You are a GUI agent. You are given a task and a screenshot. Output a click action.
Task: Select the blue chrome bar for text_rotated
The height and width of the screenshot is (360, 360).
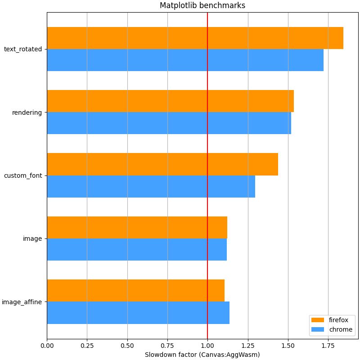point(185,60)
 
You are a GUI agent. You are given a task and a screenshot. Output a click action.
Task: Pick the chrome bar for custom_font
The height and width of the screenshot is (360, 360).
point(151,186)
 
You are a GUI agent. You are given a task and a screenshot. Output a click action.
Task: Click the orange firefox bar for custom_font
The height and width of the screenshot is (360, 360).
point(162,164)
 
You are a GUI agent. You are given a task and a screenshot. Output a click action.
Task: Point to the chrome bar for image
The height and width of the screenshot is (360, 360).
point(137,249)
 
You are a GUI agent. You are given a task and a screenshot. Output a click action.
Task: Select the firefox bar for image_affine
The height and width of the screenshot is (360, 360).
point(135,290)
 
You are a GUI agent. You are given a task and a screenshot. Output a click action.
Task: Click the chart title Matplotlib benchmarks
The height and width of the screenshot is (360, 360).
point(202,5)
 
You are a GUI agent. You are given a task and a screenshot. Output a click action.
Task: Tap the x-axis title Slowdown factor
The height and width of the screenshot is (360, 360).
point(202,355)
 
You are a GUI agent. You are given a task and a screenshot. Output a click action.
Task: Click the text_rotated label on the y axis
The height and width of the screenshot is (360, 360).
point(23,49)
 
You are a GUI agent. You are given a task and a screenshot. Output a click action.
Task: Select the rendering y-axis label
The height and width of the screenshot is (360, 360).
point(27,112)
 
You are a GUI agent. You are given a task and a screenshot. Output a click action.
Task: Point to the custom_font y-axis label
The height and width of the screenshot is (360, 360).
point(23,175)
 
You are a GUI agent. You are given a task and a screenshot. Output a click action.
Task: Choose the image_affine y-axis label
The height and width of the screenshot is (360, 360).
point(22,302)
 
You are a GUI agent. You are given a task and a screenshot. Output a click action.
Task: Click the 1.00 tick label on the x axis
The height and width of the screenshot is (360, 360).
point(207,345)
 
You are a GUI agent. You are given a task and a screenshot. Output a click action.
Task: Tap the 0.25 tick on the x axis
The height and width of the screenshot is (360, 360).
point(87,345)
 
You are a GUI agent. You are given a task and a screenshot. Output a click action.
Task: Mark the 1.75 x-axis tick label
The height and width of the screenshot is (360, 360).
point(328,345)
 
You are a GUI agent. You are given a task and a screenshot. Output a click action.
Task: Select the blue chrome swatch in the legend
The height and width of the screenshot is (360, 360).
point(318,330)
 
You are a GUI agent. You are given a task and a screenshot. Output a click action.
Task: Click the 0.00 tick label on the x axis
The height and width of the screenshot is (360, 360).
point(47,345)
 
